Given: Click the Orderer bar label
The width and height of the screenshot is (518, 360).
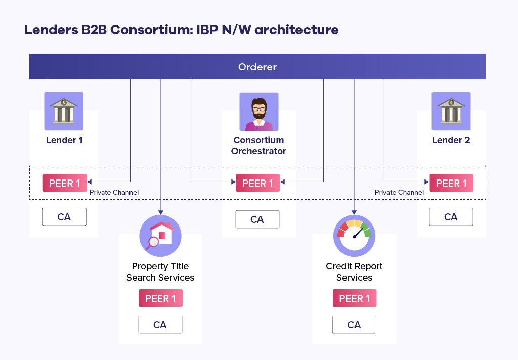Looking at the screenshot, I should (257, 67).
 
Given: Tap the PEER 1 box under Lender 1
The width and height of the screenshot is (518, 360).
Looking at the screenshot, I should (64, 183).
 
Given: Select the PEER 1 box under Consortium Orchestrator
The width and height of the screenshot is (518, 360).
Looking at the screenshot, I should (257, 183).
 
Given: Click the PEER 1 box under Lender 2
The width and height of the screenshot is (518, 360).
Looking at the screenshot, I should (451, 183).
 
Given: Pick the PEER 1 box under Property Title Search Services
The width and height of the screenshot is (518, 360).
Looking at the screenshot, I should (160, 298).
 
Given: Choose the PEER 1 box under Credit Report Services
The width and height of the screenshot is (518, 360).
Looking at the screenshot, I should (354, 298).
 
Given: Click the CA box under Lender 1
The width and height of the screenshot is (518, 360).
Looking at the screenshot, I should (64, 217).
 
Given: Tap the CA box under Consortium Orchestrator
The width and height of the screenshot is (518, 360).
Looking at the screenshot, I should (257, 219).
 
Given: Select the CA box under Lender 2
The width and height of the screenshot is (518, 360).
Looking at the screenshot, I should (451, 217).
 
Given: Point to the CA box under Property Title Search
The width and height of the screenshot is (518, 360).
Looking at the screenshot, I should (160, 325).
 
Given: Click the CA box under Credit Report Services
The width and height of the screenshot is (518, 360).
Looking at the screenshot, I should (354, 325).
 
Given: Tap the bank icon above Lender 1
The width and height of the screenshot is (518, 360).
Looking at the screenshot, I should (64, 111).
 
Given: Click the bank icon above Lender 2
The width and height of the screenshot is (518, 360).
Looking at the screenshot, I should (451, 111).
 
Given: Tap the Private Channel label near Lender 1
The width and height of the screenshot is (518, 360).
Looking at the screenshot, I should (114, 192).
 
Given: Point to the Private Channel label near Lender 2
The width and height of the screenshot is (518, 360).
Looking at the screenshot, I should (399, 192).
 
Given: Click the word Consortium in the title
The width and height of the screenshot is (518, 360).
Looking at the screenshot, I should (150, 30).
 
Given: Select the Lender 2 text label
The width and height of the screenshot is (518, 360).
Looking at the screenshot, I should (451, 140).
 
